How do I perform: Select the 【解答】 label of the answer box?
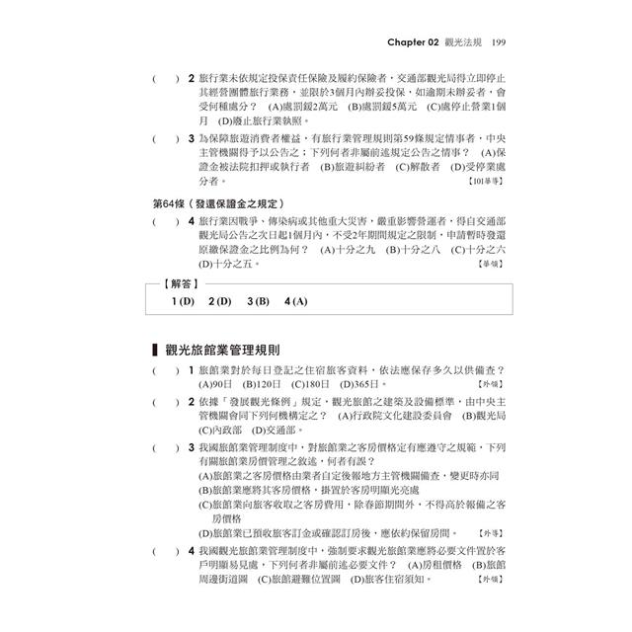178,283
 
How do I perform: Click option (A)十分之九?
349,250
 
